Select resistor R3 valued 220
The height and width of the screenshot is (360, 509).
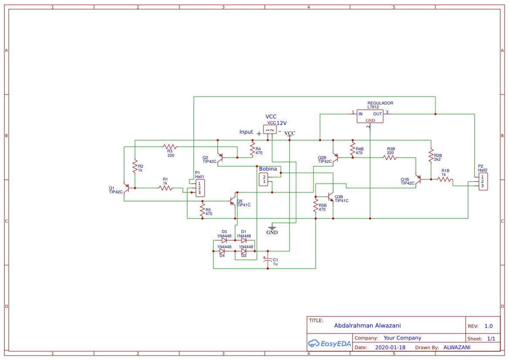tap(170, 147)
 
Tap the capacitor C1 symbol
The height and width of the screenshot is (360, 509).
tap(268, 259)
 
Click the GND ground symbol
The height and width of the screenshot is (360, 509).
tap(272, 228)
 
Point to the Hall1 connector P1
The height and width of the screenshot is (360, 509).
tap(200, 188)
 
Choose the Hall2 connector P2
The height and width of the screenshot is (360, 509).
tap(483, 181)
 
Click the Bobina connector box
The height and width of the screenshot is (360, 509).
tap(264, 179)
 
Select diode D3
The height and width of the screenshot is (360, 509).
tap(224, 240)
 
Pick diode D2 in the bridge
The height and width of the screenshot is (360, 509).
tap(244, 251)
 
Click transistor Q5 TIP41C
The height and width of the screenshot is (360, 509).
tap(233, 201)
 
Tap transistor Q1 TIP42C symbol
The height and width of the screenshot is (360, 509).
tap(127, 188)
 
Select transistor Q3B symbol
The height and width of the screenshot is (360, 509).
tap(331, 197)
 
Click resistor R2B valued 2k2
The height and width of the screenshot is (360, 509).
tap(431, 155)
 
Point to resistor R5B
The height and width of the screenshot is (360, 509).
tap(316, 205)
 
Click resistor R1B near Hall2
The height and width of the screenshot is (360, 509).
tap(445, 179)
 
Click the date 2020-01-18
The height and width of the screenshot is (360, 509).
tap(390, 347)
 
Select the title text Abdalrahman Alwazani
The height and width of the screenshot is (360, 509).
tap(367, 326)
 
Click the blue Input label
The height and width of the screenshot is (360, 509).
tap(246, 132)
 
